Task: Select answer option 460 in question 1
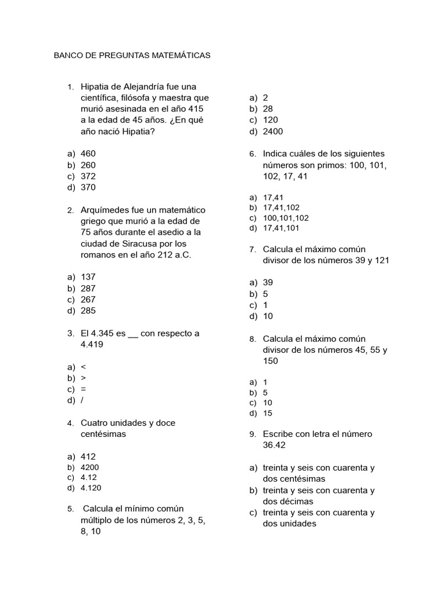coord(88,153)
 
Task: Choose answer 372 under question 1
coord(88,176)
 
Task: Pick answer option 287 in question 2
coord(88,288)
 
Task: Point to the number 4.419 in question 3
coord(92,345)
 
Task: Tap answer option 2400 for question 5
coord(273,131)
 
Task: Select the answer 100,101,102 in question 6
coord(286,218)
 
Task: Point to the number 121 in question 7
coord(382,260)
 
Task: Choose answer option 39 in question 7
coord(268,282)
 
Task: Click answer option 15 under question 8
coord(267,413)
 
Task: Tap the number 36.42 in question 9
coord(274,445)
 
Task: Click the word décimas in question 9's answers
coord(297,501)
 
